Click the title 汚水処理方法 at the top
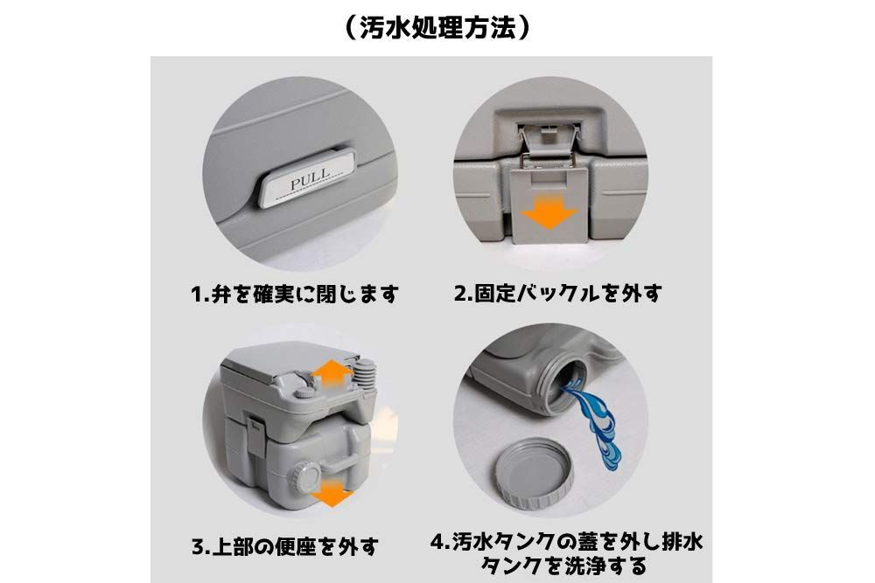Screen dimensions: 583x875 437,27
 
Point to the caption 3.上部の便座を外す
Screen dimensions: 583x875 285,548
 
